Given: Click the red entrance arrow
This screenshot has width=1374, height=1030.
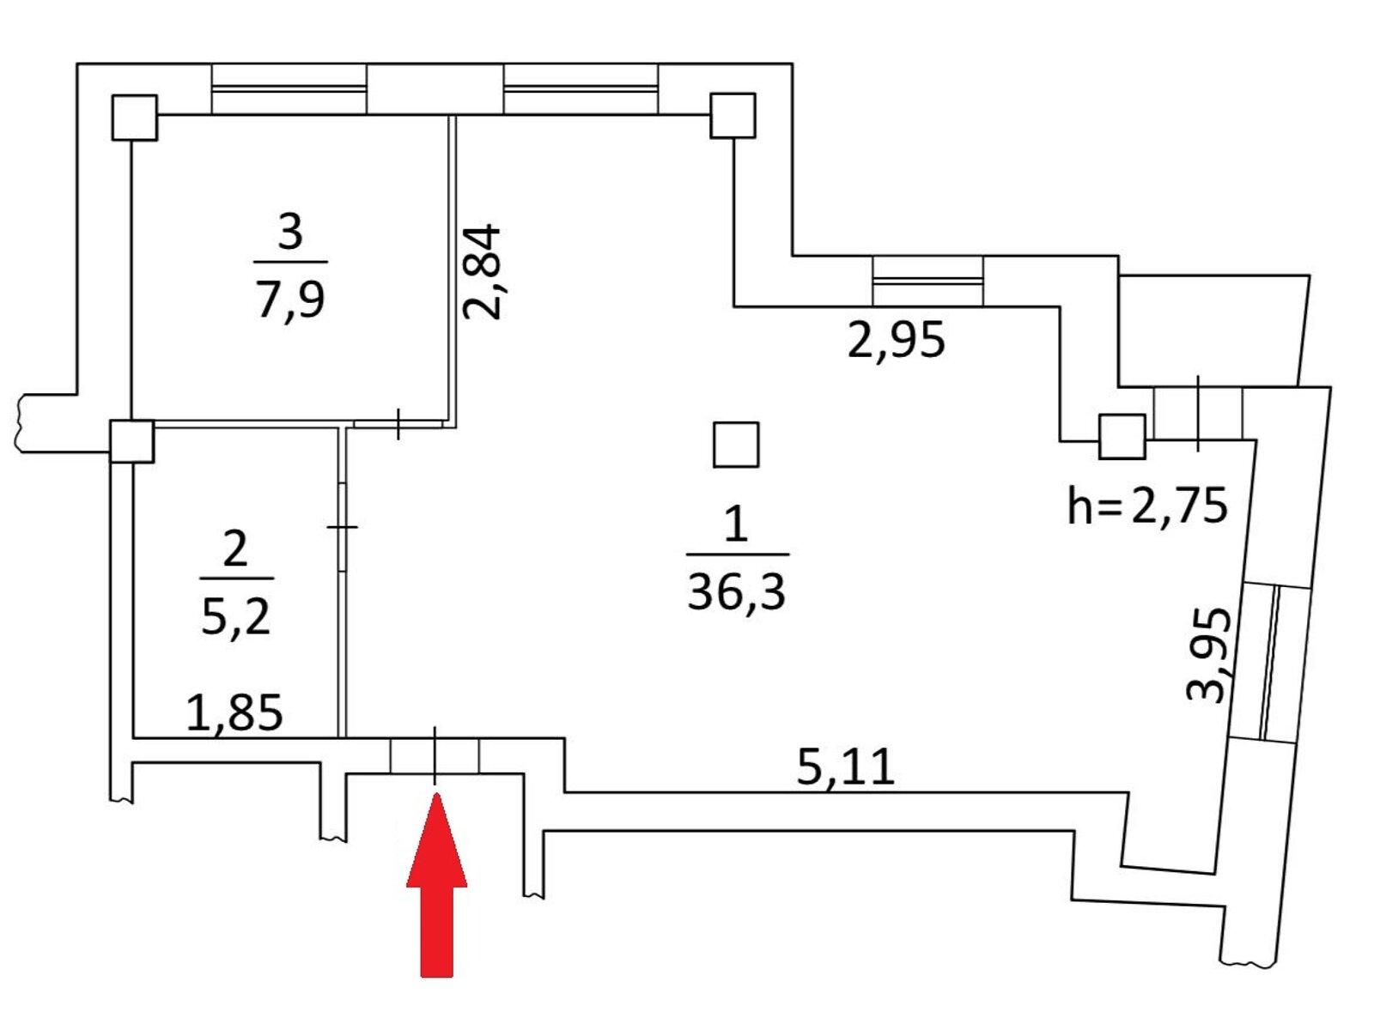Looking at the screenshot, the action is click(x=436, y=884).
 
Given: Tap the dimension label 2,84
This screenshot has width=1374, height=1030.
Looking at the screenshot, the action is click(x=482, y=272).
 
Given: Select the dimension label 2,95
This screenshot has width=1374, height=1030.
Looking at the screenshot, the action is click(x=895, y=340).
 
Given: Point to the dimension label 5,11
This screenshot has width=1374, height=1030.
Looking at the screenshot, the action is click(x=844, y=766).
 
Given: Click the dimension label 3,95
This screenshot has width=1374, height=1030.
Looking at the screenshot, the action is click(x=1209, y=655).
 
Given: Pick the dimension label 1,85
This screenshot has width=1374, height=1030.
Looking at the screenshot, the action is click(x=234, y=712).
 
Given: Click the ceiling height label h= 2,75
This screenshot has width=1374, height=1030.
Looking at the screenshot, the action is click(x=1147, y=506).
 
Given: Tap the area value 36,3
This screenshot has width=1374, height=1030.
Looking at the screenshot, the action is click(x=736, y=591).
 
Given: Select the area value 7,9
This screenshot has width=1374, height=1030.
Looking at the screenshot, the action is click(x=291, y=300).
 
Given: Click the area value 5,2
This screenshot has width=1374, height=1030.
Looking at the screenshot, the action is click(x=236, y=616).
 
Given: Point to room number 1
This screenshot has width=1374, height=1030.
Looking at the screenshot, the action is click(x=736, y=523).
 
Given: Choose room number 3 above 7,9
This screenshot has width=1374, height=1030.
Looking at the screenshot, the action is click(x=290, y=232).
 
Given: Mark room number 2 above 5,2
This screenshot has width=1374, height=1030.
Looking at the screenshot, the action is click(x=235, y=548).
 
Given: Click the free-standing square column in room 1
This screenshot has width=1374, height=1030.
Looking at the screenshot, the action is click(x=735, y=445).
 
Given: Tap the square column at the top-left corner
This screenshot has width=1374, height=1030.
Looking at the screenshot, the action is click(x=134, y=118).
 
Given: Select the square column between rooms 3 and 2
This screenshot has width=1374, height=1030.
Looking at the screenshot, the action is click(x=131, y=441).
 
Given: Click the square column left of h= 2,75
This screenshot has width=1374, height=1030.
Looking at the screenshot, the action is click(x=1122, y=436).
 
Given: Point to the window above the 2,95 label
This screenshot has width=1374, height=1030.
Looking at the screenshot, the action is click(x=927, y=282).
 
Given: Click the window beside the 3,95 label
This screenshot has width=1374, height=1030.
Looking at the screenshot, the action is click(x=1270, y=663).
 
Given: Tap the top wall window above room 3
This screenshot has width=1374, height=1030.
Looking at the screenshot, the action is click(x=289, y=88).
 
